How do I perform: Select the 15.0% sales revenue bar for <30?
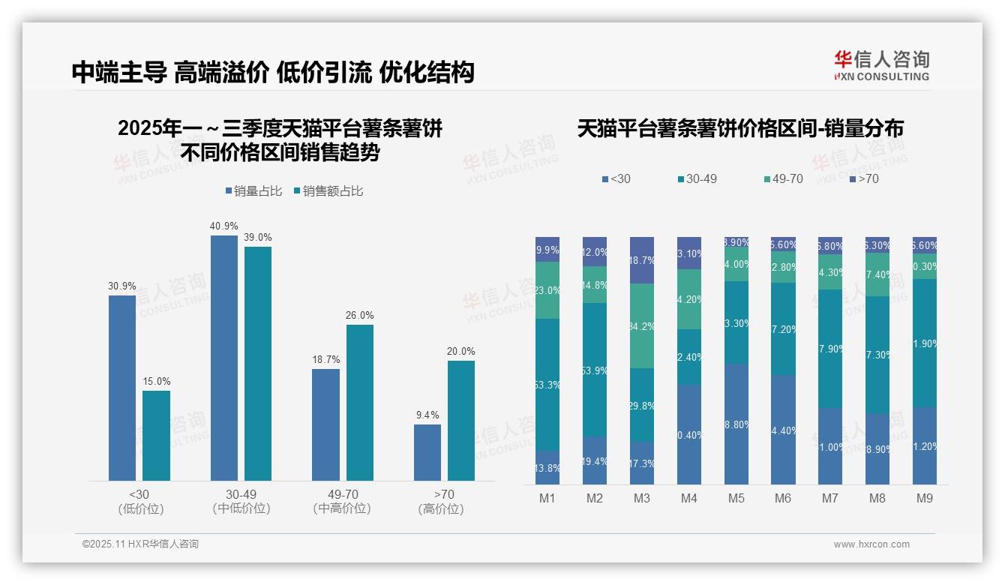[x=156, y=436]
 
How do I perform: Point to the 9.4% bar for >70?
[x=427, y=452]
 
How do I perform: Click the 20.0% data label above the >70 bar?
[x=461, y=351]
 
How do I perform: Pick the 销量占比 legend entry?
[x=253, y=191]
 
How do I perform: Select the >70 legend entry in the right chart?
[x=864, y=179]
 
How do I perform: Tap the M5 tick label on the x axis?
[x=736, y=499]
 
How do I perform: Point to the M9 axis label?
[x=925, y=499]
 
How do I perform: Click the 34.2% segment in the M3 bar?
[x=642, y=326]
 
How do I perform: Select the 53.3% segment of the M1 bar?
[x=547, y=384]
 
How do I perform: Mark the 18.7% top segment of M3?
[x=642, y=260]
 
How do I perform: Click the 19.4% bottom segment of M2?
[x=595, y=460]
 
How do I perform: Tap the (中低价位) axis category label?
[x=241, y=508]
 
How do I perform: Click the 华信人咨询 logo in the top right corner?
[x=881, y=65]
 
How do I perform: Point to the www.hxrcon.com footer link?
[x=871, y=544]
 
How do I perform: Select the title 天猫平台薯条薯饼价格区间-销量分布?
[x=740, y=129]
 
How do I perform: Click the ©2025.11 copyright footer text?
[x=140, y=544]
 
